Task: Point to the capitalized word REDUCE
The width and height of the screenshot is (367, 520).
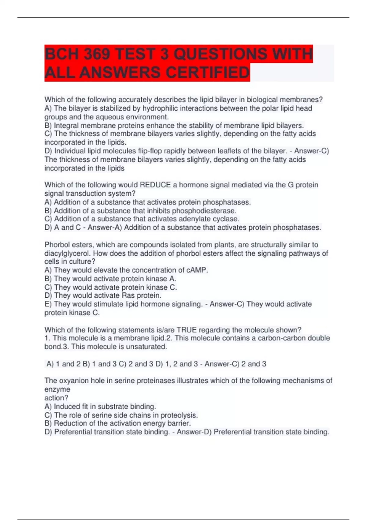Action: point(155,185)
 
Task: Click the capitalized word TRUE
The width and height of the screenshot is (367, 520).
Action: point(187,330)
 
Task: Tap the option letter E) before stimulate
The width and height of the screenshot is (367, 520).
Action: point(48,304)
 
